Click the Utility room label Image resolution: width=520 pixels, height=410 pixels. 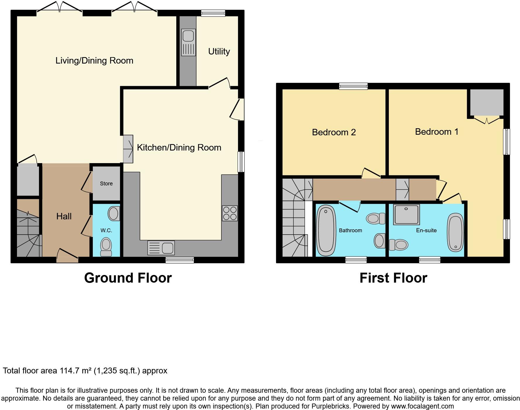coord(219,52)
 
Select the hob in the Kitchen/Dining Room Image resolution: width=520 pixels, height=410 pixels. coord(230,213)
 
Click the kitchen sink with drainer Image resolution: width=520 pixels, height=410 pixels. coord(161,248)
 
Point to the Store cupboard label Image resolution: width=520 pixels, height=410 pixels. coord(106,184)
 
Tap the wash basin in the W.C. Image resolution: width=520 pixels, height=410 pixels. coord(114,213)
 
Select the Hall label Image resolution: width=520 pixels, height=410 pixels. coord(64,216)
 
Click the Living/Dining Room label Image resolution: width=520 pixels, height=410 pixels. coord(94,61)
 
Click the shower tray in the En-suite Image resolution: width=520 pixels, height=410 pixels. coord(406,214)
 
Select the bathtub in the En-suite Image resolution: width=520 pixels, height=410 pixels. coord(455,232)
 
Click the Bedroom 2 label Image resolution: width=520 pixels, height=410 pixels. coord(334,132)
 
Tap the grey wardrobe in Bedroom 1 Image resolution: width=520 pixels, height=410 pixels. coord(487,102)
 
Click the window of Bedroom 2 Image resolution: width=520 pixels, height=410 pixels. coord(353,86)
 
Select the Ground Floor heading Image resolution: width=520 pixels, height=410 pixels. coord(128,278)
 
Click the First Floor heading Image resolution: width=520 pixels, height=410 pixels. coord(393,278)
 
